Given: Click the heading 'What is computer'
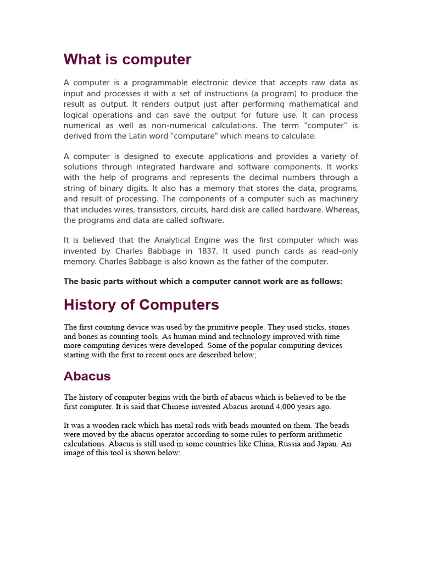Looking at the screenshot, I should tap(127, 59).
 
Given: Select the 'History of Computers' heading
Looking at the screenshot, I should tap(141, 305).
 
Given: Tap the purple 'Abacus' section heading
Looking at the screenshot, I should tap(87, 376).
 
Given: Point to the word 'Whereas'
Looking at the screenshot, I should tap(341, 209).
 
